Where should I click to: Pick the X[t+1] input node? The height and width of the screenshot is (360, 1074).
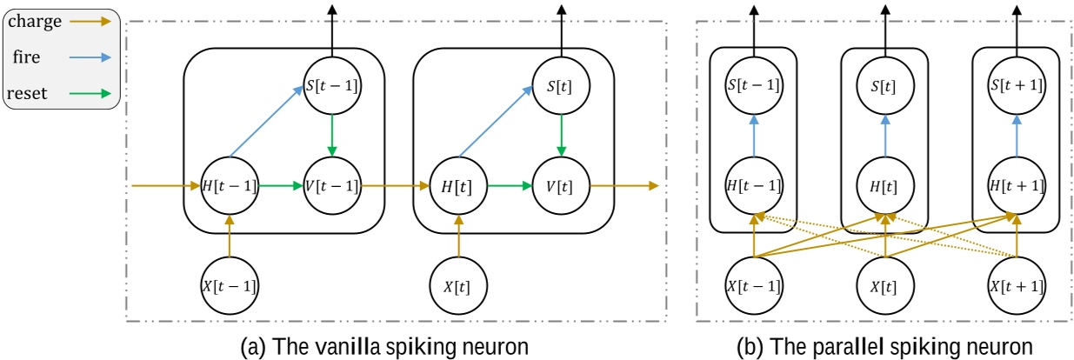pos(1015,283)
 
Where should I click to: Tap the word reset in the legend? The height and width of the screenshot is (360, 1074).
pos(30,91)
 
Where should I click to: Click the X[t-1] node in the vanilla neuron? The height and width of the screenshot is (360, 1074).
pos(230,283)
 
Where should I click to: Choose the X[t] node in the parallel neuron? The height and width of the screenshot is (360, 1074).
pos(884,283)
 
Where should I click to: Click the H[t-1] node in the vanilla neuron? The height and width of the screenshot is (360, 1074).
pos(230,185)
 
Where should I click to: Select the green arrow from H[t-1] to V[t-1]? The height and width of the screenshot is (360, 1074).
pos(281,185)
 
